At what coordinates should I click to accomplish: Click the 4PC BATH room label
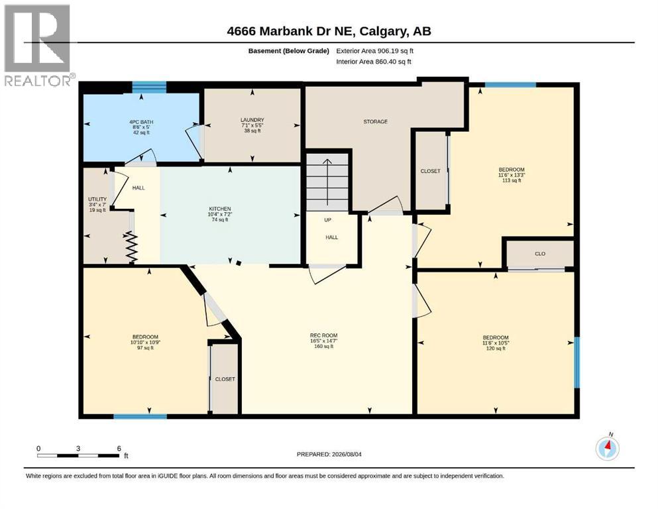click(x=141, y=122)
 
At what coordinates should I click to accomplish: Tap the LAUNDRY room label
click(x=252, y=120)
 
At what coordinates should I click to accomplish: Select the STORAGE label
click(x=376, y=122)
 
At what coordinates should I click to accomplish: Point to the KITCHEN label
click(x=220, y=209)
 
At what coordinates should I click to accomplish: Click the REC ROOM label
click(x=323, y=336)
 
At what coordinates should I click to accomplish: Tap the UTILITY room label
click(x=97, y=199)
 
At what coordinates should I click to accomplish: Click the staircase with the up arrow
click(x=327, y=182)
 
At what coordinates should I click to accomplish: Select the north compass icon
click(x=607, y=447)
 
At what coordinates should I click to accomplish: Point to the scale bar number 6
click(x=119, y=448)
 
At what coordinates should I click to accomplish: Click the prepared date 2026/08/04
click(x=347, y=454)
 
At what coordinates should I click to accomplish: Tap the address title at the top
click(x=329, y=31)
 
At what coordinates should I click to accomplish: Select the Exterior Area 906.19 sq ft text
click(x=375, y=51)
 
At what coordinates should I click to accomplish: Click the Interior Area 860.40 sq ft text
click(x=374, y=62)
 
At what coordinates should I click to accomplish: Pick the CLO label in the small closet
click(x=540, y=254)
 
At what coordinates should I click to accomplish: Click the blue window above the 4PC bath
click(x=149, y=87)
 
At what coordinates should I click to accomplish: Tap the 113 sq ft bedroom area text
click(x=512, y=180)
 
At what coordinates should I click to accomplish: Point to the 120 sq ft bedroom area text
click(x=496, y=349)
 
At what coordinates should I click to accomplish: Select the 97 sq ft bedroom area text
click(x=145, y=347)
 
